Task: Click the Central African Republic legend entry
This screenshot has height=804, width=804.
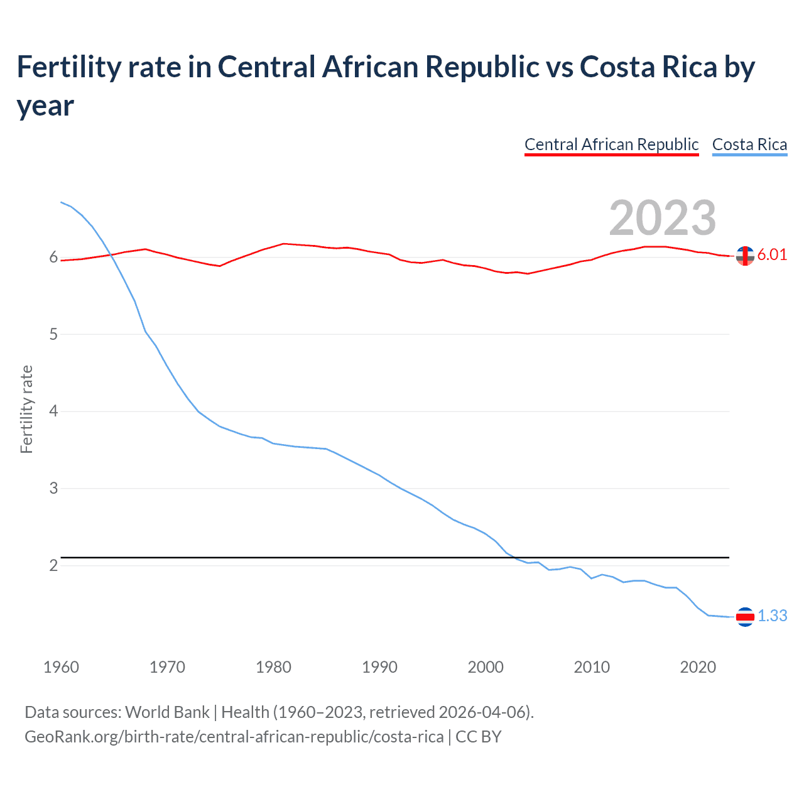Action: pos(611,144)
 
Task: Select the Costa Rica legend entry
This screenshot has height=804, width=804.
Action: pos(749,144)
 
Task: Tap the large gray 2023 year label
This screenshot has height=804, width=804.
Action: pos(663,217)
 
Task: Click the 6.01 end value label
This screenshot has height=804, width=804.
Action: pos(772,254)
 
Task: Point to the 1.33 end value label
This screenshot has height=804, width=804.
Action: pos(772,616)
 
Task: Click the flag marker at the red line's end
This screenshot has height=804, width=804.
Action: pos(745,256)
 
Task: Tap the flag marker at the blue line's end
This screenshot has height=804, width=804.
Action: pos(745,617)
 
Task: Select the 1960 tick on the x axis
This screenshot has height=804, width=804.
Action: pos(61,667)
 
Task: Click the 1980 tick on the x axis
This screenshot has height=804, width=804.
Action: pos(273,667)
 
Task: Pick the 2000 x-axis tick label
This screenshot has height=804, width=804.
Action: pos(486,667)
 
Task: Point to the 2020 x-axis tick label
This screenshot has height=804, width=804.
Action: pos(698,667)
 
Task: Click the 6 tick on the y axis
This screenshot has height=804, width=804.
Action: pos(53,258)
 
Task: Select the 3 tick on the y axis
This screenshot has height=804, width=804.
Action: pos(53,489)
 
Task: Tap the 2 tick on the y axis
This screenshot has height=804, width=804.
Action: pos(53,566)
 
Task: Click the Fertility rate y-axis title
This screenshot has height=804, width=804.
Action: pos(26,409)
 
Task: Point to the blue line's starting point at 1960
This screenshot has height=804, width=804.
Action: pos(61,202)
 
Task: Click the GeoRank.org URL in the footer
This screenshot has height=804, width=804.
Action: pos(234,736)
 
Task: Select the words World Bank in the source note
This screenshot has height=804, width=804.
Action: pos(167,712)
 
